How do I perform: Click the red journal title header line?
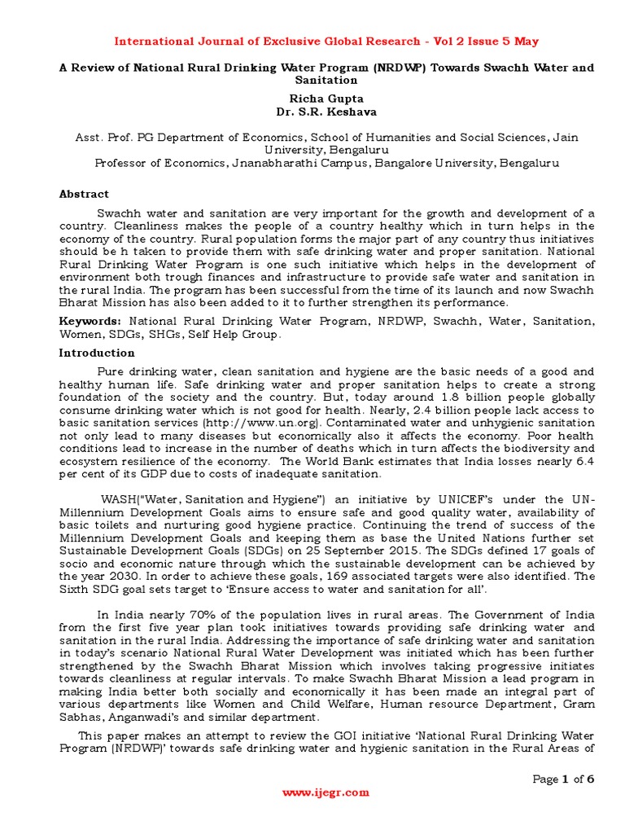326,41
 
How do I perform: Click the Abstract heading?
84,194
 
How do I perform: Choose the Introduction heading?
97,353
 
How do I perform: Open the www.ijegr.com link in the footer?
326,792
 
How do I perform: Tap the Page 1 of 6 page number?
563,779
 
